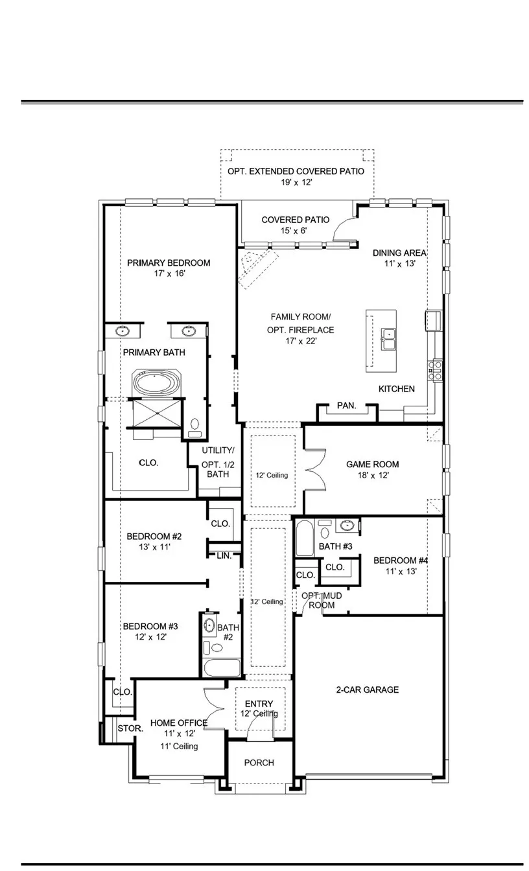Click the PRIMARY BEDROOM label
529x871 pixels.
[x=169, y=263]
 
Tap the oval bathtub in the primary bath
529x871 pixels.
[x=156, y=383]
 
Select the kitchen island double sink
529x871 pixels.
[x=388, y=339]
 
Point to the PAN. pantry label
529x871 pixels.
[x=347, y=406]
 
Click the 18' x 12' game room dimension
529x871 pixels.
[x=373, y=475]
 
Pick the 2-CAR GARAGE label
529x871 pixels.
[x=367, y=690]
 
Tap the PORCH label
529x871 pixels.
[x=259, y=763]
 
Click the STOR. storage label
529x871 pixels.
[x=130, y=728]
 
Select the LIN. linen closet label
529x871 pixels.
[x=224, y=556]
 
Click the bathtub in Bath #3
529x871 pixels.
[x=304, y=538]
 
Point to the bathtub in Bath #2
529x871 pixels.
[x=222, y=668]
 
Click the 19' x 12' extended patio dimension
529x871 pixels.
[x=296, y=182]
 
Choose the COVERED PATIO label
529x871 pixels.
[x=295, y=220]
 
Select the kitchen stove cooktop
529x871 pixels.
[x=435, y=371]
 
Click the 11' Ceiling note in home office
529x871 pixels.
[x=179, y=746]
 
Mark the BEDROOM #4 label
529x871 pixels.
[x=401, y=561]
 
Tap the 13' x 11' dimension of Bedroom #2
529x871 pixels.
[x=154, y=547]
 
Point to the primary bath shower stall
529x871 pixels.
[x=157, y=413]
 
